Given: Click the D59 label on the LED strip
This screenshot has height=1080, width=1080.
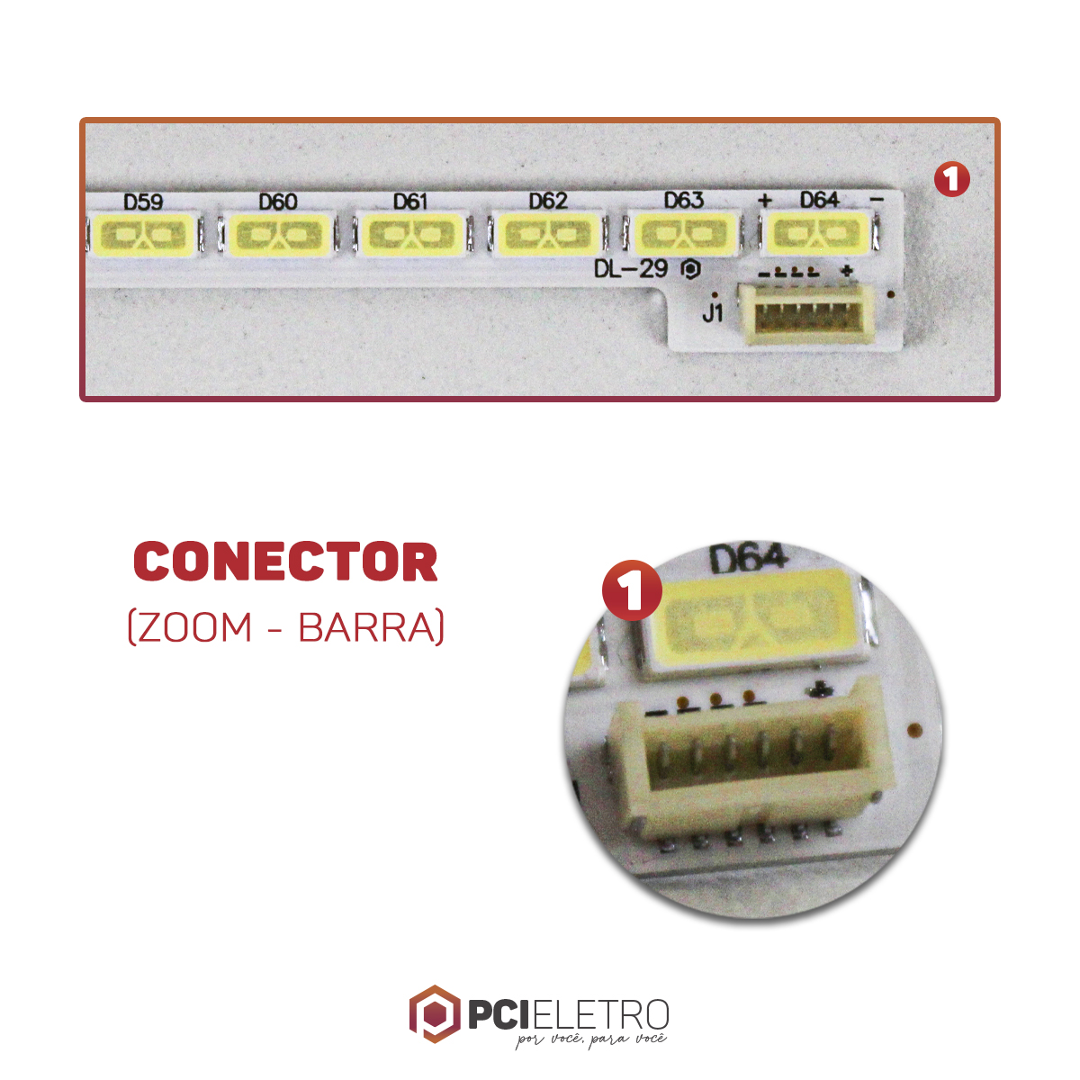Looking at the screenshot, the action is tap(143, 202).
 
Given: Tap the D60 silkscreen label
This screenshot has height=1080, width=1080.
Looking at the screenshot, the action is tap(278, 202).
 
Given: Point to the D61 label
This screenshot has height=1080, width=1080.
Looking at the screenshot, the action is tap(410, 202).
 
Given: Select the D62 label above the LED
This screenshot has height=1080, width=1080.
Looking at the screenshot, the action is tap(548, 201).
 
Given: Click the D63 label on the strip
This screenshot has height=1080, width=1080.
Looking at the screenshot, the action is tap(684, 200).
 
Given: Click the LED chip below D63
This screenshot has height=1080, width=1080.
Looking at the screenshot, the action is tap(684, 234).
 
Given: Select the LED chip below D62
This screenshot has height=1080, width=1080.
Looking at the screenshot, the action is tap(547, 234).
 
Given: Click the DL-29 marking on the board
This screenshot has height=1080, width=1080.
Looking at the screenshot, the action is tap(631, 270).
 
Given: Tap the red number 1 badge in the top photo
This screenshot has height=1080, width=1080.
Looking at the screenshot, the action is tap(951, 179).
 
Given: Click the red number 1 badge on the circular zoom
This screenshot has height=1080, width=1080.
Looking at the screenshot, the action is tap(632, 589).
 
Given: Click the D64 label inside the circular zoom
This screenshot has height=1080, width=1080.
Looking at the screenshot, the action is tap(749, 559).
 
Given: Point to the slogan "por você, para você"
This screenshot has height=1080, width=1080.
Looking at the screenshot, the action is tap(590, 1039).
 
